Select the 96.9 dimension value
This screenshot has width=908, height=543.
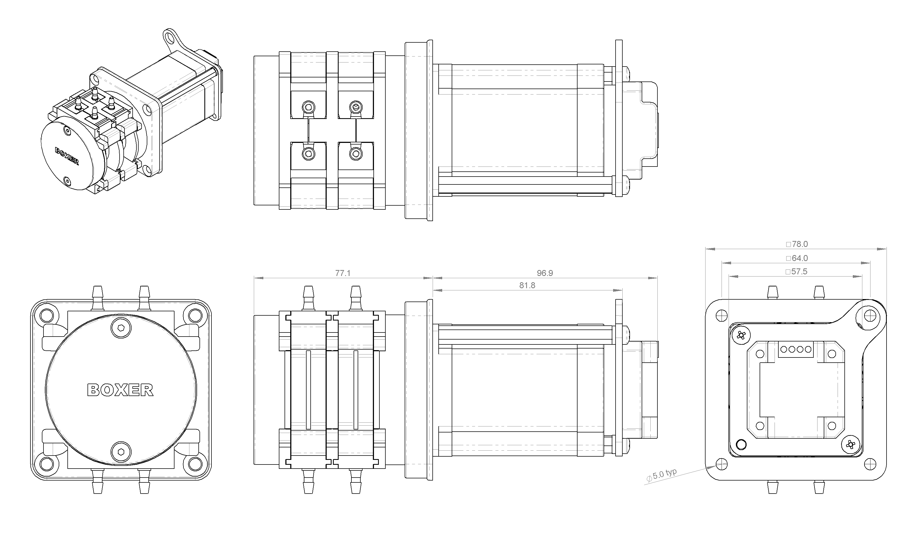(545, 273)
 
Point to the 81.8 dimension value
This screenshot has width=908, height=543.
(527, 285)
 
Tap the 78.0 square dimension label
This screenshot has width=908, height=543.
(797, 244)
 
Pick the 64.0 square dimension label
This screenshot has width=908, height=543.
(797, 258)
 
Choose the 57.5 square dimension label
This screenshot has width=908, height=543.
(796, 272)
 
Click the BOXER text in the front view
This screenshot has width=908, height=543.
(120, 390)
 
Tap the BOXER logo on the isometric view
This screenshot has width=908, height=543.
(67, 156)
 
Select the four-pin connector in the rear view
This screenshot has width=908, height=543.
(796, 349)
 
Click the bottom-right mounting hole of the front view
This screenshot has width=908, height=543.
(195, 464)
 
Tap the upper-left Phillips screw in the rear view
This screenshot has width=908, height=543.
(741, 335)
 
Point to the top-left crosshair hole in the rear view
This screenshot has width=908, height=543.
(721, 315)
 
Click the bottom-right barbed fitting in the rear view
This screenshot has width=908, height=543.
(819, 488)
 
